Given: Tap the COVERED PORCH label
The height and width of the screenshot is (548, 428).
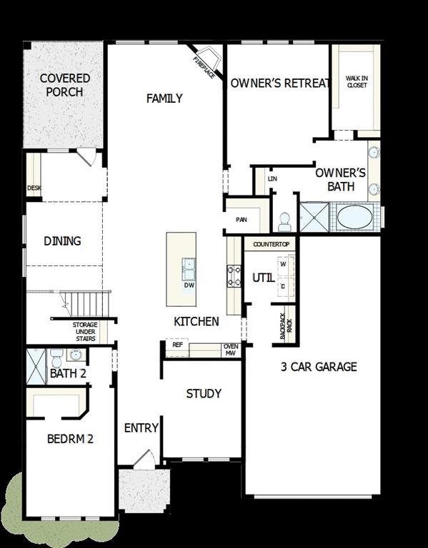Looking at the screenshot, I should click(65, 85).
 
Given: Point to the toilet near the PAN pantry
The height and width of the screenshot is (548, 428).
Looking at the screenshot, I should click(284, 221).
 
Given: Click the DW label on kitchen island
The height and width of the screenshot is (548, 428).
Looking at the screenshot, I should click(189, 285).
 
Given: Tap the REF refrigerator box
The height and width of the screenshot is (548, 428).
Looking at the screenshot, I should click(177, 345).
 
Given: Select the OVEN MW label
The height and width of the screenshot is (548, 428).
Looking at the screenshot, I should click(231, 350).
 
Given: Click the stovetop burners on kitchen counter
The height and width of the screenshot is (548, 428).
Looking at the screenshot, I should click(234, 275).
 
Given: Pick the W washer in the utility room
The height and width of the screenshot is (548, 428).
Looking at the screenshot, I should click(282, 265).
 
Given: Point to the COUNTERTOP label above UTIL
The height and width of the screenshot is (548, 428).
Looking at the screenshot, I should click(271, 245).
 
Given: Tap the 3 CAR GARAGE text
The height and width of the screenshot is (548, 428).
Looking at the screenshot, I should click(318, 367).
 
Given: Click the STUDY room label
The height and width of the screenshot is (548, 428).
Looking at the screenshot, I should click(204, 394).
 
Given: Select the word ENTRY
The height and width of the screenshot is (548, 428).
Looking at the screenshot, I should click(141, 428).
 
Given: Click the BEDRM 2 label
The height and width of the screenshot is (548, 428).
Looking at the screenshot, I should click(70, 439).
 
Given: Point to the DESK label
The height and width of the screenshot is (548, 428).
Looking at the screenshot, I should click(34, 188).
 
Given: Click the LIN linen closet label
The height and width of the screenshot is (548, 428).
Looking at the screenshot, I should click(272, 178).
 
